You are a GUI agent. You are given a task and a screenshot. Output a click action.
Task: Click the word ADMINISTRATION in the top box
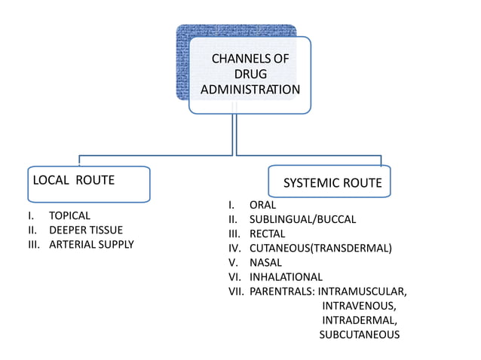point(250,90)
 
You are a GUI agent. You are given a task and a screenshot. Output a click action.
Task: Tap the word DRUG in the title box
point(250,74)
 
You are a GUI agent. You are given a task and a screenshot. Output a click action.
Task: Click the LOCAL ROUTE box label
point(73,180)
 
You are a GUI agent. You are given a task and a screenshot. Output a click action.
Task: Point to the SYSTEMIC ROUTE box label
point(332,183)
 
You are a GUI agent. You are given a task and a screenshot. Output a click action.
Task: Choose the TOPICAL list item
point(69,215)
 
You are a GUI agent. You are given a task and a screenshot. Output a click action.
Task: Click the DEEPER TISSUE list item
point(85,230)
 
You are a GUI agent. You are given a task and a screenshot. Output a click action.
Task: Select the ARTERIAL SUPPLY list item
point(91,244)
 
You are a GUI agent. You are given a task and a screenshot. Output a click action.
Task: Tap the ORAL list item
point(262,205)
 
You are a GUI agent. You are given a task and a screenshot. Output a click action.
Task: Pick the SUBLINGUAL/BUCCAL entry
point(302,219)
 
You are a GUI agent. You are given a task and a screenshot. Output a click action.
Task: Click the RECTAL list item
point(267,233)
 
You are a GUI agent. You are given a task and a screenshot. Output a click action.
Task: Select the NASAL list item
point(265,262)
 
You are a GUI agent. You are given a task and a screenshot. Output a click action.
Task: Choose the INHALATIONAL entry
point(286,276)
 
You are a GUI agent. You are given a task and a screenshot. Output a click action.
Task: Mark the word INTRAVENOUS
point(359,306)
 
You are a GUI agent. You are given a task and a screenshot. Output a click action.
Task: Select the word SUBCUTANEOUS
point(359,334)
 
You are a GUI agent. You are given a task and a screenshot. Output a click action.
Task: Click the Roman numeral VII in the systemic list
point(236,291)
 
